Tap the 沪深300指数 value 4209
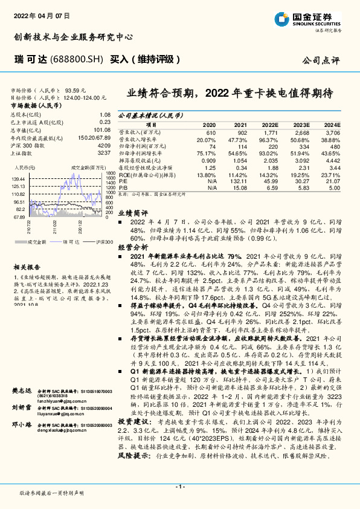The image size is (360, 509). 103,145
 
